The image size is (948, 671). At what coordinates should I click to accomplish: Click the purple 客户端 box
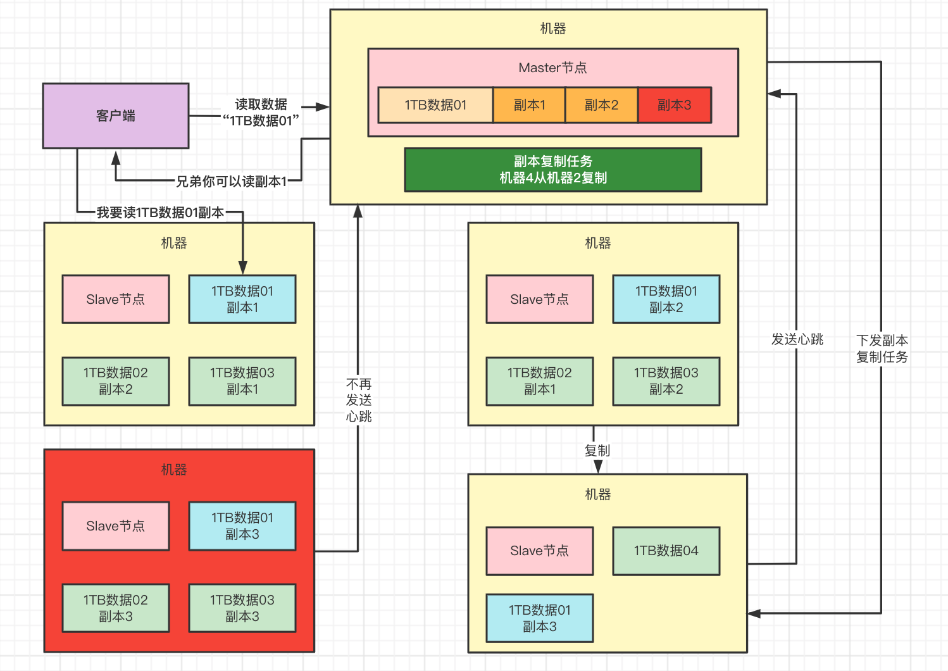click(116, 116)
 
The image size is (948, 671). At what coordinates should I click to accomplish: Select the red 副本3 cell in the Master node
click(675, 105)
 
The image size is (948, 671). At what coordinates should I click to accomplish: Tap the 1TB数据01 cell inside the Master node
click(435, 105)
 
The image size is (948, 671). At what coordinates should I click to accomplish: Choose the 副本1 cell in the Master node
click(529, 105)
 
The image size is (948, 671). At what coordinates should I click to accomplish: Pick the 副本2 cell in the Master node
click(601, 105)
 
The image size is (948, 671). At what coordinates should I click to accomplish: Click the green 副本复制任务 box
click(553, 170)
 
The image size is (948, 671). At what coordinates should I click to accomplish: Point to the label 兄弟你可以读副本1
click(231, 182)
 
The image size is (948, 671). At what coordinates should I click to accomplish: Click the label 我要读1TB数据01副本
click(160, 213)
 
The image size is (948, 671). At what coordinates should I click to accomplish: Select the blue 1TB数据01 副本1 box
click(242, 299)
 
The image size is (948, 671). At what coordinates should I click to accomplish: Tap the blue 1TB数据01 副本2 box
click(666, 299)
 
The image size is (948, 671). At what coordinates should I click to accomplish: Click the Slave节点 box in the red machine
click(116, 526)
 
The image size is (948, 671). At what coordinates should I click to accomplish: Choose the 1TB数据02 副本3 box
click(116, 608)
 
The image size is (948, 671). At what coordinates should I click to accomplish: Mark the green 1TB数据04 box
click(666, 551)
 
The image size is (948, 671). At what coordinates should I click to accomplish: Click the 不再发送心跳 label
click(359, 400)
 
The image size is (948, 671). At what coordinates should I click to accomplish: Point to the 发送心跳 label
click(797, 339)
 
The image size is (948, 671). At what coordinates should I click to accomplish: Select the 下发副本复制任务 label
click(882, 349)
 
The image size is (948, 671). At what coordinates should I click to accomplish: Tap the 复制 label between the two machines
click(597, 450)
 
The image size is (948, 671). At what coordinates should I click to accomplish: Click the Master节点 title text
click(552, 68)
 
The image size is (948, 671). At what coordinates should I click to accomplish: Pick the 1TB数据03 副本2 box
click(666, 381)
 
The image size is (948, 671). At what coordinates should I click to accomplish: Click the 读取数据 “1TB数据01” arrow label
click(261, 113)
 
